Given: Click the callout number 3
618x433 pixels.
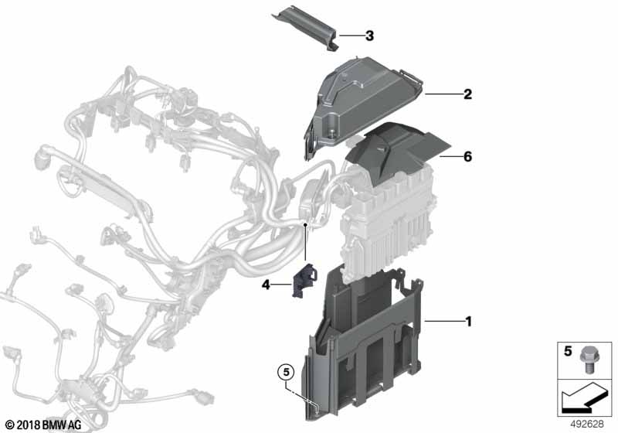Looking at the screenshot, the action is coord(369,36).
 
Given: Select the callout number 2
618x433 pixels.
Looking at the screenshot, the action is coord(467,94).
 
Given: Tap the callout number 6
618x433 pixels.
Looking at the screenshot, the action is coord(467,156).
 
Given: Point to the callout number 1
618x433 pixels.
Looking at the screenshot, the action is coord(468,322).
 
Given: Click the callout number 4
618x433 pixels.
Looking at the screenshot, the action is coord(266,285).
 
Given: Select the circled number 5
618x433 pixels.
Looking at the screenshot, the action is coord(286,372).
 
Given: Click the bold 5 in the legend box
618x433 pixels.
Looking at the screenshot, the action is coord(568,351).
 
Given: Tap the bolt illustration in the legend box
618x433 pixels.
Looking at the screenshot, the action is coord(588,360).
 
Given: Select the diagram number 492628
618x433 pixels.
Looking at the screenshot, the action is coord(587,424).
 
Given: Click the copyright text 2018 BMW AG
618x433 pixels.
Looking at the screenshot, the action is coord(44,424).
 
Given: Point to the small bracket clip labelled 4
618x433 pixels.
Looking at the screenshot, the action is coord(304,279).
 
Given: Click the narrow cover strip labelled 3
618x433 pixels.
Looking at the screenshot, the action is coord(306,28).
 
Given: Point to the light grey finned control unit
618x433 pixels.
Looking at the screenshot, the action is coord(389,221).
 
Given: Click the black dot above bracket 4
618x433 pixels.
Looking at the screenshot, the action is coord(305,224).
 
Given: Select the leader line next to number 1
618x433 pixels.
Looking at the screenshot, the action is coord(443,322).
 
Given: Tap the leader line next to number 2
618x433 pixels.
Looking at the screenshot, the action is coord(443,94).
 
